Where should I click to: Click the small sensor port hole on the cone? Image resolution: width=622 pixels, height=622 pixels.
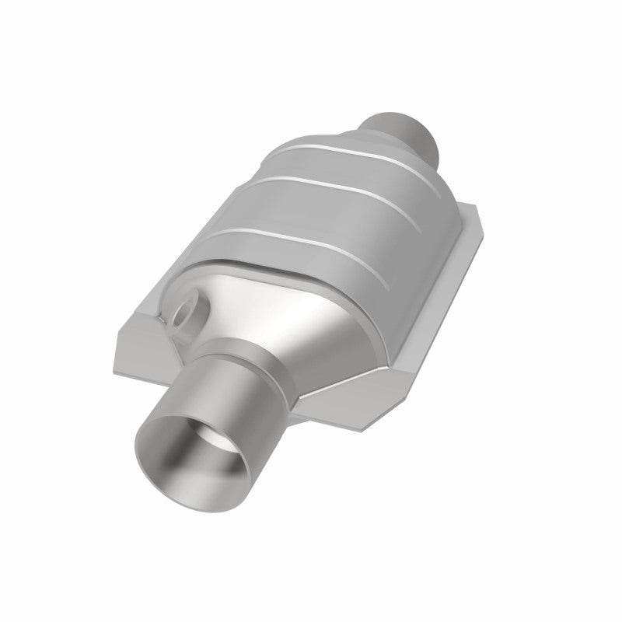[184, 314]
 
